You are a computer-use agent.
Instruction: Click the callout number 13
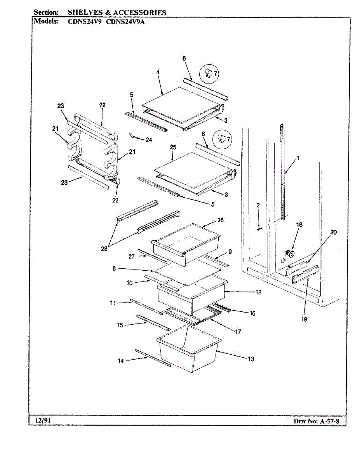pos(251,359)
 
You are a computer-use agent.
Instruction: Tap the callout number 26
pos(220,220)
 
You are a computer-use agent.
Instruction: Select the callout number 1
pos(298,158)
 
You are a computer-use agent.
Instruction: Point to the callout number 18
pos(299,224)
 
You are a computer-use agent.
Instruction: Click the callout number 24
pos(149,140)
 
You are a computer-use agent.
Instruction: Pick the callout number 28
pos(104,249)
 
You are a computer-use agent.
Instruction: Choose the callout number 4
pos(158,72)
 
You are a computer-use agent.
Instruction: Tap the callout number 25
pos(173,147)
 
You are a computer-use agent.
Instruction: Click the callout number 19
pos(304,319)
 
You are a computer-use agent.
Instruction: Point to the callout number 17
pos(238,332)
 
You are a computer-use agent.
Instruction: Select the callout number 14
pos(121,361)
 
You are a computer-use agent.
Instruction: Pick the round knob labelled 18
pos(289,253)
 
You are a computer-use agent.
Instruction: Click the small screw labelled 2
pos(259,229)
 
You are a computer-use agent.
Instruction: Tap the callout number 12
pos(247,292)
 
